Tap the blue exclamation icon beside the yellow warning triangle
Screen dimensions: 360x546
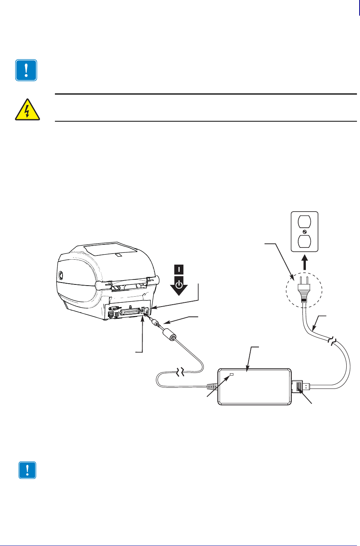click(26, 70)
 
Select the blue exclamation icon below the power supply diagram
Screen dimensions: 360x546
click(27, 470)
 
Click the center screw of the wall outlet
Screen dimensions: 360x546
click(304, 232)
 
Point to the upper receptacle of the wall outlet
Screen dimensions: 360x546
click(304, 222)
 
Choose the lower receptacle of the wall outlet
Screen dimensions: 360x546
click(304, 242)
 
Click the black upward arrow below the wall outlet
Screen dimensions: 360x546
click(304, 263)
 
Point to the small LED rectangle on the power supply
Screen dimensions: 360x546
click(231, 376)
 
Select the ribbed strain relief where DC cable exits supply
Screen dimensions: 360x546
click(212, 387)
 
